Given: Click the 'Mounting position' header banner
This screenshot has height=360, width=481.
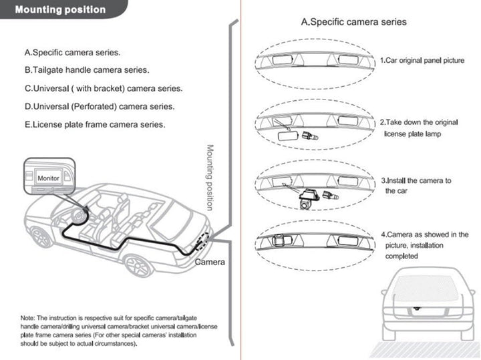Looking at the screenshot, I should [x=60, y=10].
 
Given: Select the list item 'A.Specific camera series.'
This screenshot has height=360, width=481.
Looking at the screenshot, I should [x=73, y=52].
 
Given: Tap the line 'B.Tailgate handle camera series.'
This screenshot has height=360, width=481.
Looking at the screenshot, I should [x=87, y=69].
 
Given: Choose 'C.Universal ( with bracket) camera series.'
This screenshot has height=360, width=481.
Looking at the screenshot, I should [x=104, y=88].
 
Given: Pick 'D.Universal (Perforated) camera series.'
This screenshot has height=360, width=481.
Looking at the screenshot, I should [x=100, y=106].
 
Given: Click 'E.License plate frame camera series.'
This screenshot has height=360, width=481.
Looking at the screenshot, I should [x=95, y=124].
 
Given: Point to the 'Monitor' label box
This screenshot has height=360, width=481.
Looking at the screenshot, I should [x=48, y=178].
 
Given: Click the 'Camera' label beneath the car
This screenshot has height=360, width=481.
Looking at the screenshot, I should [x=210, y=262].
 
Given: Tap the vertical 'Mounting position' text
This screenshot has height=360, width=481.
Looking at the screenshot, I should [x=209, y=177].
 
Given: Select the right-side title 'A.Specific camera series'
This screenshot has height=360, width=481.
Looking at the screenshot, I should [x=354, y=22].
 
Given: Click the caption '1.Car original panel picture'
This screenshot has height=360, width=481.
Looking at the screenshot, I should [x=422, y=61].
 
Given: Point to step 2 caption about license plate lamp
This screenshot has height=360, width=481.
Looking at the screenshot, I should [x=419, y=128].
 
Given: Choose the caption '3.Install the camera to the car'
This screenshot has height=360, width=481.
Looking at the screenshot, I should [x=416, y=186].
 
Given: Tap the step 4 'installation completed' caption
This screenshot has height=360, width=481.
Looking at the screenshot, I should [x=424, y=245].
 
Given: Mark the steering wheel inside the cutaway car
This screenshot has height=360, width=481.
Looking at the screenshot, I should [x=81, y=217].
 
